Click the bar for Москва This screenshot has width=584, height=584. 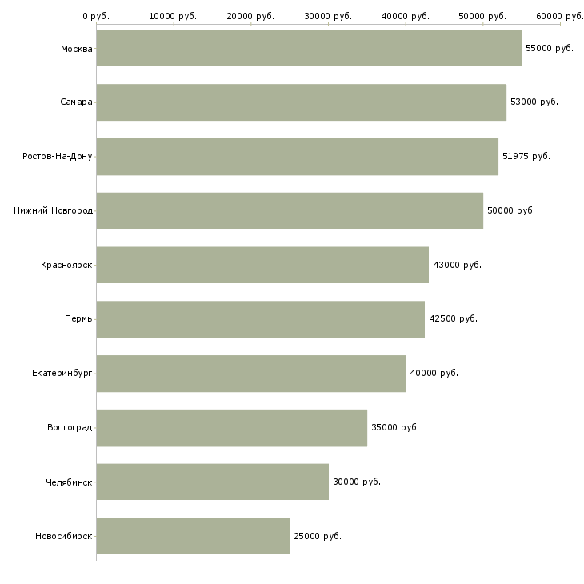point(308,48)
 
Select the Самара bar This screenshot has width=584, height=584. point(301,102)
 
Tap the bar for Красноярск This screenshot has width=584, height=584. point(262,265)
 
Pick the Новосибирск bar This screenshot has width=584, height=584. point(192,536)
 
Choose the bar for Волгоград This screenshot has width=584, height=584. point(231,428)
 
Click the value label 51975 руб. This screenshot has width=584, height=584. point(526,156)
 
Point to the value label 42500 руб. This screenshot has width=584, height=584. point(453,318)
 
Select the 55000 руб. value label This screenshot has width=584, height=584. point(549,48)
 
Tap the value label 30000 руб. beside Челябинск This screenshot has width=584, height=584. point(356,482)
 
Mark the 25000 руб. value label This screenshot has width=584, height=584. point(317,536)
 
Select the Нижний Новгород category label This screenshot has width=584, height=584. point(53,210)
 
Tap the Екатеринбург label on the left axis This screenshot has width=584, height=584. point(62,373)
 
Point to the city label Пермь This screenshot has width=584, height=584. point(78,318)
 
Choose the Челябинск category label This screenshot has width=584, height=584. point(69,482)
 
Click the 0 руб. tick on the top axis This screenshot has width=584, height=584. point(96,16)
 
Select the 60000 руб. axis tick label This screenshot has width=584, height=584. point(559,16)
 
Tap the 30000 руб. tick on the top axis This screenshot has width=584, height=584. point(328,16)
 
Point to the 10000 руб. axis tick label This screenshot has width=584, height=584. point(174,16)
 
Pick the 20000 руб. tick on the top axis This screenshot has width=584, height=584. point(250,16)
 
